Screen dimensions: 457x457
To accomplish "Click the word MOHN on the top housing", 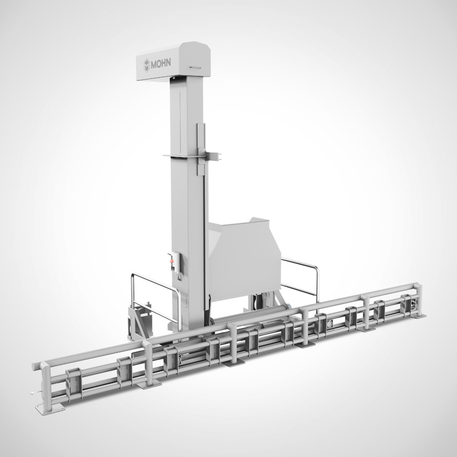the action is pyautogui.click(x=161, y=63).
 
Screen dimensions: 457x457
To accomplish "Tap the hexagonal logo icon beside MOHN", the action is pyautogui.click(x=146, y=64).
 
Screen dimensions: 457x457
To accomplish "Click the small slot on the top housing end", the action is pyautogui.click(x=195, y=67).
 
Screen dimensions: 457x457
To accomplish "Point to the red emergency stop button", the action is pyautogui.click(x=173, y=260).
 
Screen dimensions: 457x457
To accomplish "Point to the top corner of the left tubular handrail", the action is pyautogui.click(x=133, y=275).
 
